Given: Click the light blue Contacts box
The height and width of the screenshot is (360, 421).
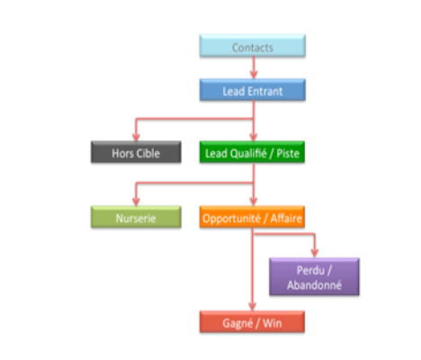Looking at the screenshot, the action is (x=253, y=46).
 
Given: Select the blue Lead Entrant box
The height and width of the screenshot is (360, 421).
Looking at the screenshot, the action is (x=253, y=90).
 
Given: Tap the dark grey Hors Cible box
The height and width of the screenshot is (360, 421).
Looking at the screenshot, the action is (x=136, y=152).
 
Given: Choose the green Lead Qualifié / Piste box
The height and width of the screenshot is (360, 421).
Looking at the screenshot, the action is (x=252, y=152).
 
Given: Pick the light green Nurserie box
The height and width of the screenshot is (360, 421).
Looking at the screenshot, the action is (x=136, y=217).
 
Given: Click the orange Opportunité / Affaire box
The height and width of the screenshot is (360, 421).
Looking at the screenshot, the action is (x=252, y=217).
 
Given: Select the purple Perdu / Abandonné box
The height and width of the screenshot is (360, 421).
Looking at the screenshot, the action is (x=314, y=276).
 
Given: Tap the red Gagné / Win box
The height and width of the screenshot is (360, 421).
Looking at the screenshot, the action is (x=252, y=322).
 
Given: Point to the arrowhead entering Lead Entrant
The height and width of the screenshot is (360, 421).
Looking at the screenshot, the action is (x=254, y=75).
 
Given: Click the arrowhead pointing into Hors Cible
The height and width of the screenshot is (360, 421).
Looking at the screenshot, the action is (x=136, y=137).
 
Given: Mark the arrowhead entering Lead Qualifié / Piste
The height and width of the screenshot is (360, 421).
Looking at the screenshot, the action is (x=254, y=137).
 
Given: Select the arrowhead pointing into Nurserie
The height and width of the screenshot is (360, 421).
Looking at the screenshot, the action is (x=136, y=202).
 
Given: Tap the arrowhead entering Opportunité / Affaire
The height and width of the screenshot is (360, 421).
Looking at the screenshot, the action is (x=254, y=202).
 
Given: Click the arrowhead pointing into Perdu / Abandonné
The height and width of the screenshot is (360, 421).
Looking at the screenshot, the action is (x=315, y=253).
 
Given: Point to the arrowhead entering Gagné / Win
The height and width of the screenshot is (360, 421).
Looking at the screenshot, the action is (x=253, y=307).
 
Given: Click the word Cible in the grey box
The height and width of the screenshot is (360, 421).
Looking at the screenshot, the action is (x=148, y=153).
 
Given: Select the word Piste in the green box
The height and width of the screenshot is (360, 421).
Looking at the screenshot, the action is (x=288, y=154).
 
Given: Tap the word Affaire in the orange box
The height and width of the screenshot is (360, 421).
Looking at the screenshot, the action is (x=286, y=219).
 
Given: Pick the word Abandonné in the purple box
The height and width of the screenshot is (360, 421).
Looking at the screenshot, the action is (x=314, y=285).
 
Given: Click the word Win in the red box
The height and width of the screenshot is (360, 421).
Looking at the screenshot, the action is (x=273, y=323).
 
